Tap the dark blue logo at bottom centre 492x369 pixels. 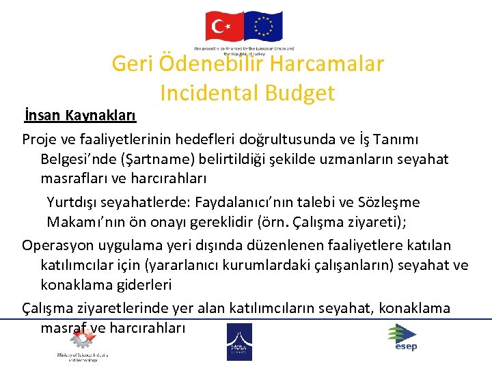(239, 341)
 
